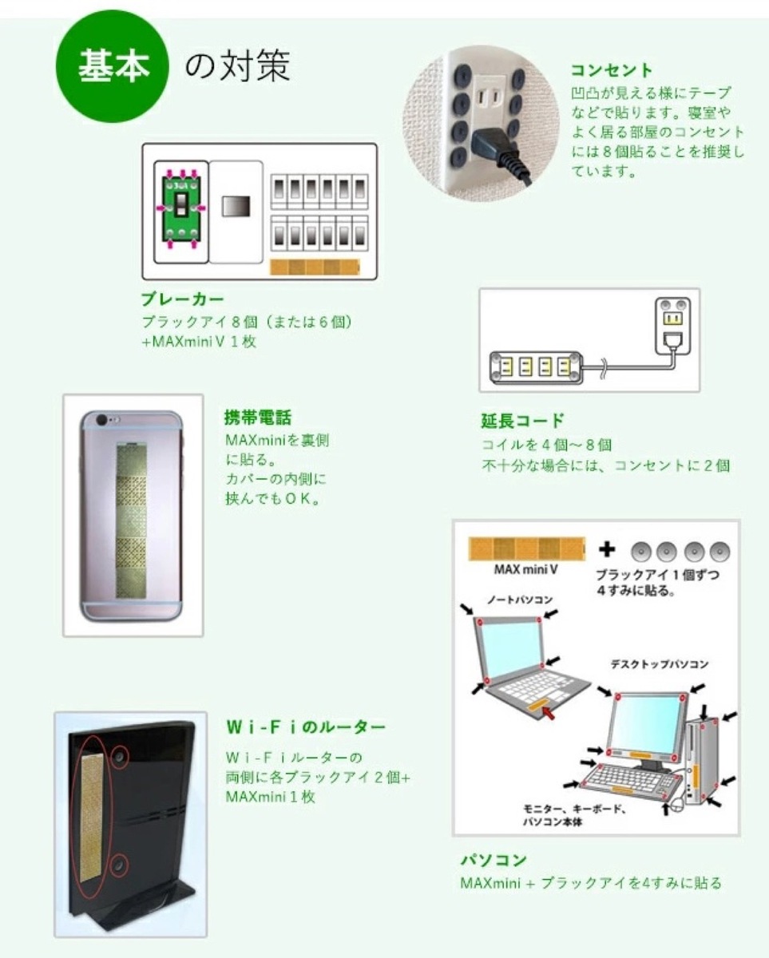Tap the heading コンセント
point(612,69)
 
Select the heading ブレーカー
point(181,300)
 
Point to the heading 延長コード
point(523,421)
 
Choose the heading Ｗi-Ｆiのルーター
point(307,727)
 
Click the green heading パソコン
point(494,861)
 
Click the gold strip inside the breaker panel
point(315,267)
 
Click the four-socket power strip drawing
point(534,367)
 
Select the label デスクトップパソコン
point(660,664)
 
